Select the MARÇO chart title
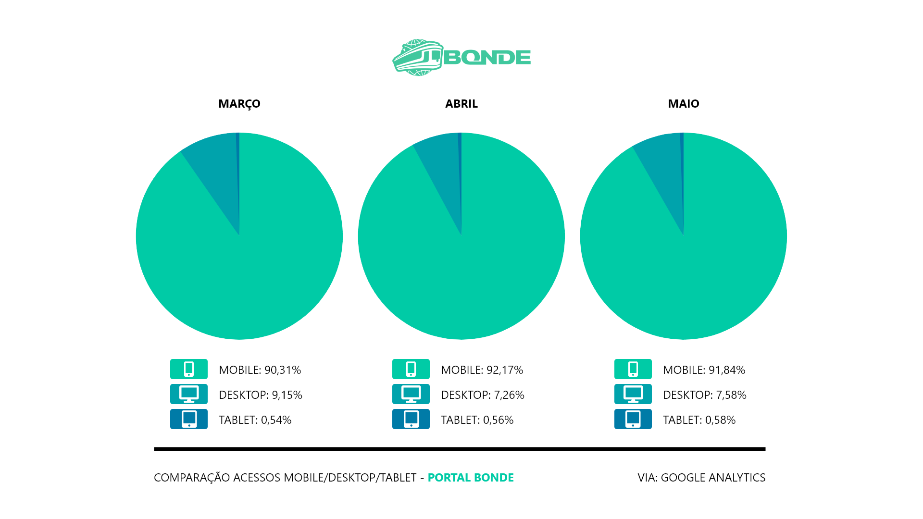tap(239, 104)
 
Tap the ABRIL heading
tap(461, 104)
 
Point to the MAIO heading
tap(683, 104)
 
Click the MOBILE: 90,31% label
tap(260, 370)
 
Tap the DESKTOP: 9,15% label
tap(260, 395)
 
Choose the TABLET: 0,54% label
tap(255, 420)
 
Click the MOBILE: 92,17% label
tap(482, 370)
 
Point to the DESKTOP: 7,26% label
tap(482, 395)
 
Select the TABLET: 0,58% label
tap(699, 420)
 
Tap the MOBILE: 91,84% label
tap(704, 370)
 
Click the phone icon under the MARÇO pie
tap(189, 369)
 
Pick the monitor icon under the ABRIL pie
tap(411, 394)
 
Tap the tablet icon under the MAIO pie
tap(633, 419)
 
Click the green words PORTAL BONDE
tap(471, 478)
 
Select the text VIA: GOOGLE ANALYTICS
tap(701, 478)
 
